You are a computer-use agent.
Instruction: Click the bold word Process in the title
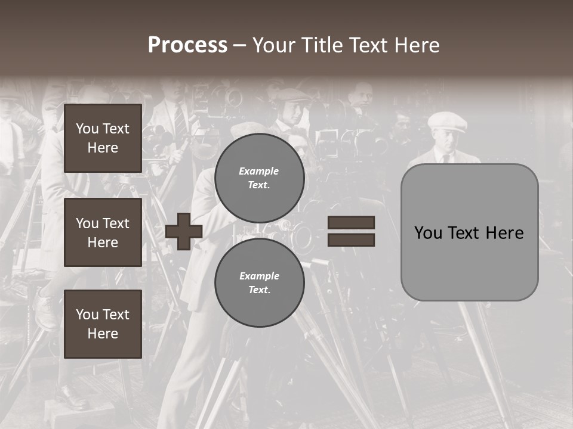tap(187, 45)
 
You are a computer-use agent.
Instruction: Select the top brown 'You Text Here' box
tap(103, 138)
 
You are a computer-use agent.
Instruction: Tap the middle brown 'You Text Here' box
tap(103, 232)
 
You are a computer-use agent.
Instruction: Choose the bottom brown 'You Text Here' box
tap(103, 324)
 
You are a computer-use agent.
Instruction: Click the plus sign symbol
tap(184, 232)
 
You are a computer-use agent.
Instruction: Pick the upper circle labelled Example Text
tap(259, 178)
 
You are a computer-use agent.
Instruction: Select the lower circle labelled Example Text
tap(259, 283)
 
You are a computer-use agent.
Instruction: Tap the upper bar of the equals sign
tap(351, 223)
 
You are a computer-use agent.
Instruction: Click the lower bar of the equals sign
tap(351, 240)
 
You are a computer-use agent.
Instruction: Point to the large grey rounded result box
tap(469, 262)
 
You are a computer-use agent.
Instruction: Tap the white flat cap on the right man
tap(447, 122)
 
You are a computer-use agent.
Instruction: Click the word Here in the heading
tap(417, 45)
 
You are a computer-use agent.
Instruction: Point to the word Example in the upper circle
tap(259, 171)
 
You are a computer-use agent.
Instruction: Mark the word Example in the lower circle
tap(259, 276)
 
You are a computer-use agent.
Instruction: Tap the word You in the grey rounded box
tap(428, 233)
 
